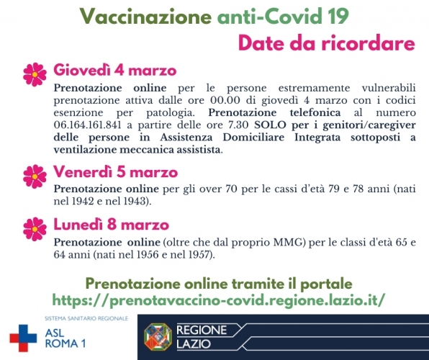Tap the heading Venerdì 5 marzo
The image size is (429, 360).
point(116,173)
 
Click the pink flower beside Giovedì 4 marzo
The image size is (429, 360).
point(35,73)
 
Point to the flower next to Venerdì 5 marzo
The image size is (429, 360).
point(35,175)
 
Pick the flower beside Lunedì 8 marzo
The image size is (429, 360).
point(35,227)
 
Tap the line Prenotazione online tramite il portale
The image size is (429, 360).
point(219,282)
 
